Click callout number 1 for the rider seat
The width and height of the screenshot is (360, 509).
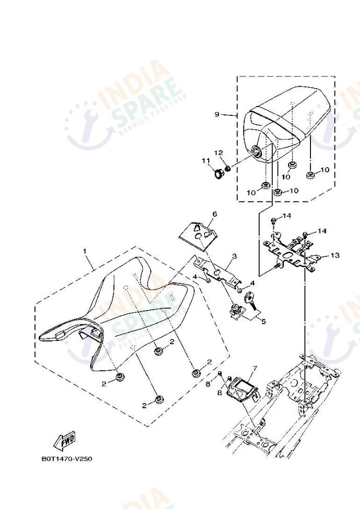tap(85, 251)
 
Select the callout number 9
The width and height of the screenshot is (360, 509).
tap(217, 114)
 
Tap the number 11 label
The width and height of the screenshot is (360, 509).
tap(206, 161)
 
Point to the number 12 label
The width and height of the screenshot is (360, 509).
tap(219, 152)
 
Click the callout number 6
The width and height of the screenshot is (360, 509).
tap(215, 214)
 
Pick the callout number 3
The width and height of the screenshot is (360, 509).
tap(234, 256)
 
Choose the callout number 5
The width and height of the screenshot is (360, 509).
tap(263, 322)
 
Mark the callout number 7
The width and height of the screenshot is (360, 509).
tap(255, 368)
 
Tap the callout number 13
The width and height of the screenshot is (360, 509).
tap(335, 255)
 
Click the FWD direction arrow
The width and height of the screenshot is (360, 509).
tap(64, 441)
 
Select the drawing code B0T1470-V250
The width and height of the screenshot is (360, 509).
tap(67, 459)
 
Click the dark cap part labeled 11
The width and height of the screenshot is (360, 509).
tap(219, 173)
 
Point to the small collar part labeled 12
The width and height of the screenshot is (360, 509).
tap(228, 169)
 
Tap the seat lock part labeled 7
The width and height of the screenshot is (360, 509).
tap(243, 389)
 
